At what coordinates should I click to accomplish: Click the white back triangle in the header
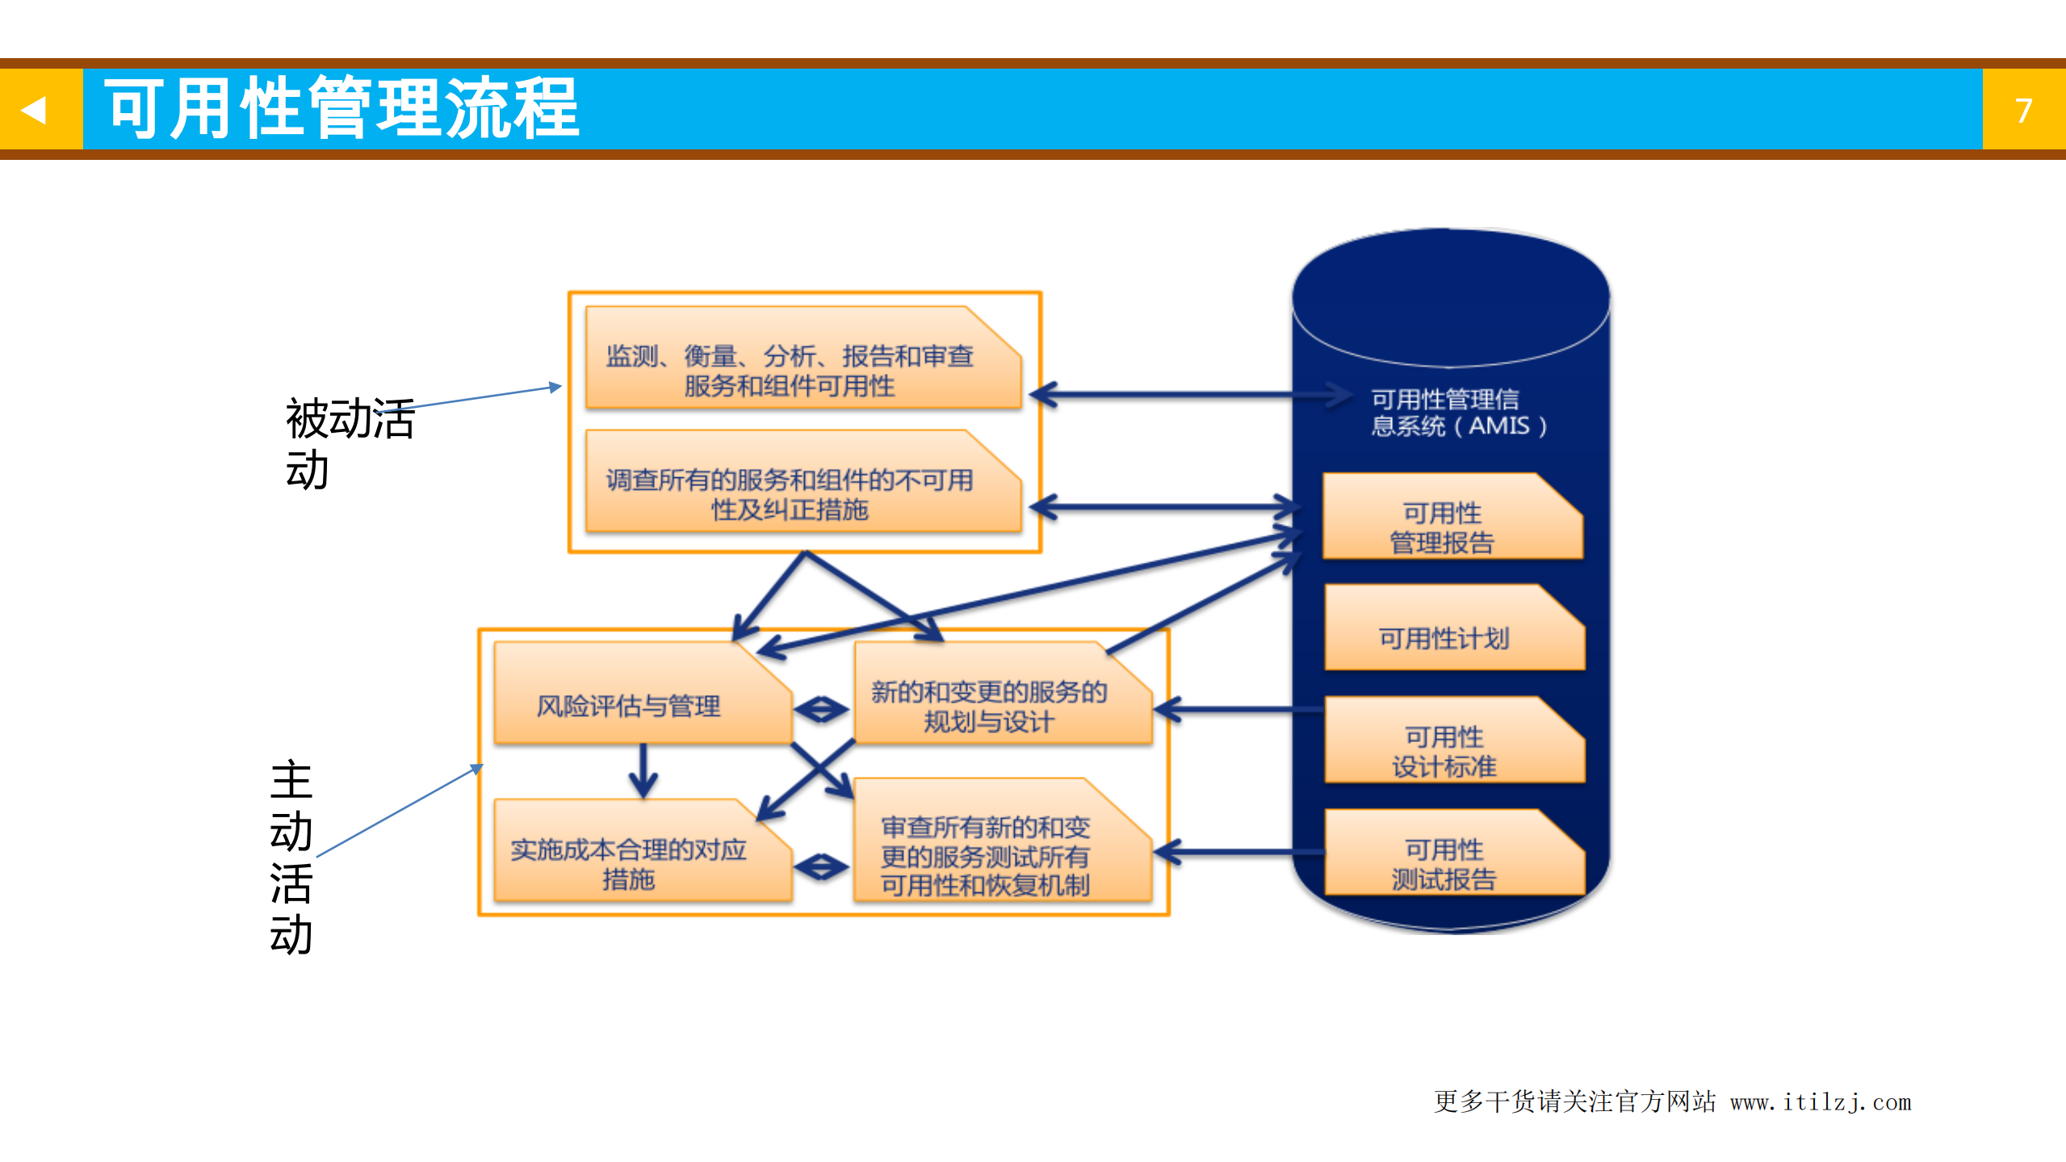(x=34, y=109)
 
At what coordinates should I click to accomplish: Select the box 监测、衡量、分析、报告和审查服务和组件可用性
(x=790, y=371)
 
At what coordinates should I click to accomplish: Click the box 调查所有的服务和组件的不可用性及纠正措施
(x=790, y=494)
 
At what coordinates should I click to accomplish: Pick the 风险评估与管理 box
(x=629, y=706)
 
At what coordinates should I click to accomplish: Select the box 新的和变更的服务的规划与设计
(x=989, y=706)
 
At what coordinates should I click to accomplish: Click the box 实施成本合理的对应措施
(x=629, y=863)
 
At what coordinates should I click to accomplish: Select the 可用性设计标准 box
(x=1444, y=751)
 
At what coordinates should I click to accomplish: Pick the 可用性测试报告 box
(x=1444, y=863)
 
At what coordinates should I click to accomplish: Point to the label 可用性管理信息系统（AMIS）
(x=1457, y=412)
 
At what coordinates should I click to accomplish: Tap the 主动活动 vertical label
(x=291, y=857)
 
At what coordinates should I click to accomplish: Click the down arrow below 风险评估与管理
(x=643, y=771)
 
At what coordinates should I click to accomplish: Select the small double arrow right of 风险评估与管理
(x=821, y=710)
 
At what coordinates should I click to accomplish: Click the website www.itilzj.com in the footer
(x=1821, y=1102)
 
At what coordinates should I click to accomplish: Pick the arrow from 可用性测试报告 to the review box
(x=1239, y=852)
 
